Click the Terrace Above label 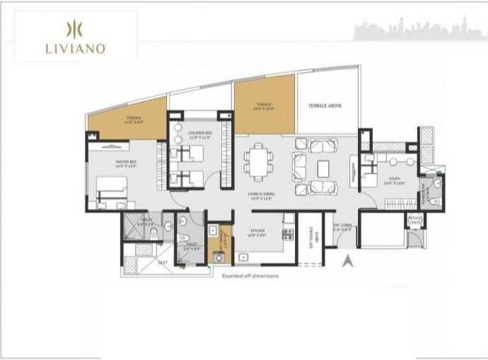325,105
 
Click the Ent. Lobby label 342,228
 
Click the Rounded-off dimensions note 250,276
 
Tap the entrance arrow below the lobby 347,263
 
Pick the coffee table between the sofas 324,168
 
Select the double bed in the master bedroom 111,190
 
